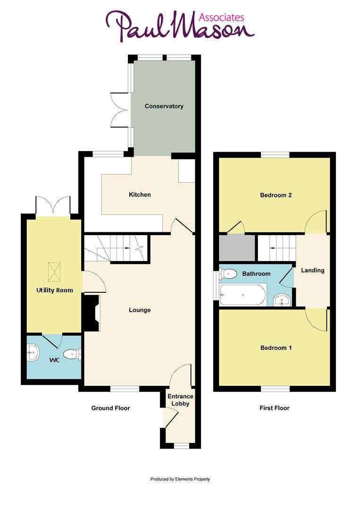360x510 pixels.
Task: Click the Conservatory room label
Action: click(x=164, y=106)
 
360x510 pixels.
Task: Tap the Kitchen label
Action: click(x=140, y=195)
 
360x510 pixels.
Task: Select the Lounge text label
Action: click(x=140, y=310)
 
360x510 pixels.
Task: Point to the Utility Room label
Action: click(x=55, y=290)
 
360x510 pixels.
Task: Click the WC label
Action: click(x=55, y=360)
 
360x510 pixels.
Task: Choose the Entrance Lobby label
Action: click(x=180, y=400)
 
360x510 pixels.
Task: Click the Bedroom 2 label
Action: click(x=276, y=195)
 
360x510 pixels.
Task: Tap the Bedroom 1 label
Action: click(x=276, y=348)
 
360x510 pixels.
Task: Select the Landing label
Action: click(x=313, y=271)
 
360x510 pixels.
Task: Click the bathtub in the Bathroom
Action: click(x=243, y=295)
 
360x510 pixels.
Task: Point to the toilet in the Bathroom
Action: click(x=228, y=273)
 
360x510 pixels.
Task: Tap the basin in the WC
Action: click(x=33, y=352)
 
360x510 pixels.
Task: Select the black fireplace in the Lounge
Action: click(x=91, y=313)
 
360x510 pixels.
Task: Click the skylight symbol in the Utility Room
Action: click(x=55, y=272)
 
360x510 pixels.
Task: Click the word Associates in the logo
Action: click(x=221, y=17)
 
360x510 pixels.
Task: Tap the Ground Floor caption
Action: click(x=110, y=408)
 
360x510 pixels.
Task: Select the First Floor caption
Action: click(x=274, y=408)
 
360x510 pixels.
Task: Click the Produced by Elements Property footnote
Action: click(x=180, y=479)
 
